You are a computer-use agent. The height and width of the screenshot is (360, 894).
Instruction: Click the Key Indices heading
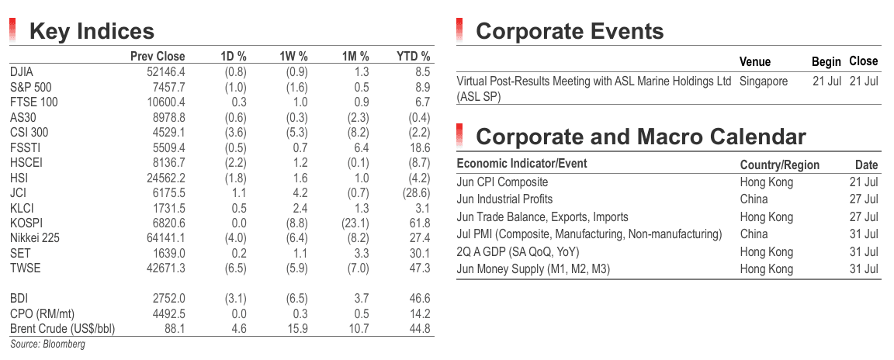click(92, 31)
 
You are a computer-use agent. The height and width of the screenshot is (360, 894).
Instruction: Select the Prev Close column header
click(158, 57)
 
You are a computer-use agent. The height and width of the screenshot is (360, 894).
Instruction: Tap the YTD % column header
click(414, 57)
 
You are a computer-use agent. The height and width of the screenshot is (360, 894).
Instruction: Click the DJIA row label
click(22, 72)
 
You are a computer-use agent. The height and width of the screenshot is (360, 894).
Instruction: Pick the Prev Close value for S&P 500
click(166, 87)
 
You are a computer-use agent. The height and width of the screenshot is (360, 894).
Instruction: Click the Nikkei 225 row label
click(35, 238)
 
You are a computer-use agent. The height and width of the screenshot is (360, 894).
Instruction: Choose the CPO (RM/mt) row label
click(42, 313)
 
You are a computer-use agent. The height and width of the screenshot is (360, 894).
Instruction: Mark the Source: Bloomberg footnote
click(47, 344)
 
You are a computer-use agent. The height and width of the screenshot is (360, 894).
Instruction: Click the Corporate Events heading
click(570, 31)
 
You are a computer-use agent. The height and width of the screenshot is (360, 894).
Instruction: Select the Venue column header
click(755, 61)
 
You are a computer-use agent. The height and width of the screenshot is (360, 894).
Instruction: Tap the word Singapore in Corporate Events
click(764, 81)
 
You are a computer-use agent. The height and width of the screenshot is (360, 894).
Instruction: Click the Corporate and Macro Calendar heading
click(641, 137)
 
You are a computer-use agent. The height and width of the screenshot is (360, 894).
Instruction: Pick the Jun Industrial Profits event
click(504, 199)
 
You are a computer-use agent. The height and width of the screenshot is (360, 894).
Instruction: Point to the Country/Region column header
click(779, 165)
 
